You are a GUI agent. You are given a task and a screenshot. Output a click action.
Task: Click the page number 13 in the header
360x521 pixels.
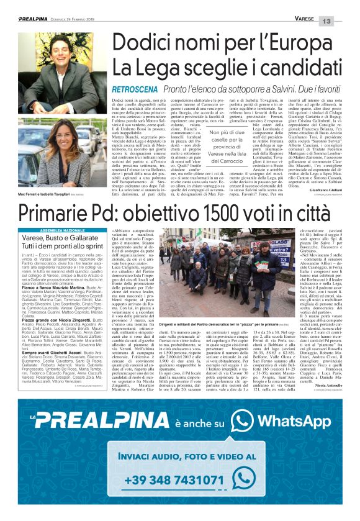344,20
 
